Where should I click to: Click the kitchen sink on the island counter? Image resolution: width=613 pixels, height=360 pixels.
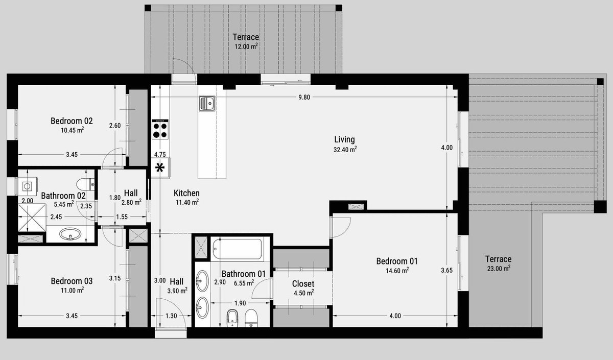(207, 103)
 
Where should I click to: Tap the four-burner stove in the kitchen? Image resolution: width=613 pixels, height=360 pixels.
(160, 130)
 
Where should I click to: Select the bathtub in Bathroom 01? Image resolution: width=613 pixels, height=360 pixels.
(237, 249)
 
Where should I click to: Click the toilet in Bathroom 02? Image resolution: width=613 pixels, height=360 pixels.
(85, 184)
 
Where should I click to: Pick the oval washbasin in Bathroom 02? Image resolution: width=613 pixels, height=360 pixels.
(70, 234)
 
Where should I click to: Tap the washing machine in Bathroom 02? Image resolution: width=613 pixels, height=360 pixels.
(28, 186)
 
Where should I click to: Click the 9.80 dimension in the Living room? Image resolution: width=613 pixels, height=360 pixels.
(304, 97)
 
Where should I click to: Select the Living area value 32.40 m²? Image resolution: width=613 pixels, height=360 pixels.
(345, 149)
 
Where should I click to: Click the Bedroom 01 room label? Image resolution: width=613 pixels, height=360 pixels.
(397, 261)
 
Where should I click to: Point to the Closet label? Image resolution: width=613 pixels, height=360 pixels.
(303, 284)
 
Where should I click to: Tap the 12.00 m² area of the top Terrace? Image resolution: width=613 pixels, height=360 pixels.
(246, 46)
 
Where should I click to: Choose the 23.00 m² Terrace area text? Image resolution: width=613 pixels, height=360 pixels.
(499, 269)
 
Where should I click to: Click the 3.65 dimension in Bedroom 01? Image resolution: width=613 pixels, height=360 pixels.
(446, 270)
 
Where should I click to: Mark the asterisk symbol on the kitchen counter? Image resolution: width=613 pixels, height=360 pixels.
(160, 167)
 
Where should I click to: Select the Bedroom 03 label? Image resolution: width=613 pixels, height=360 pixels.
(72, 281)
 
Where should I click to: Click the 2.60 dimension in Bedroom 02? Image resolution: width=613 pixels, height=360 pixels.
(114, 126)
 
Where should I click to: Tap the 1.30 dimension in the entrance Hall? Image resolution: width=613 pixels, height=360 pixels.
(171, 316)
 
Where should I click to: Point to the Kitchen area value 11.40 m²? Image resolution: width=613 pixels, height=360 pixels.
(187, 202)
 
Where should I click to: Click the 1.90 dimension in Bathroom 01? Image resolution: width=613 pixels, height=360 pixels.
(240, 303)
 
